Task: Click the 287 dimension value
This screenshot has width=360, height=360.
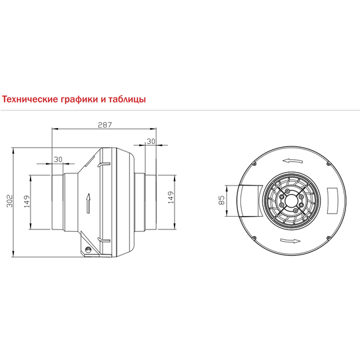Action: pos(105,125)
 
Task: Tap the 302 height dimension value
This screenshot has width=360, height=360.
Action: pos(10,201)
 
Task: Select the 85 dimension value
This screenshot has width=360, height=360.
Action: pos(221,200)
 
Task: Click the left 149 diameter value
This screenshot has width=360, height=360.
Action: pos(27,201)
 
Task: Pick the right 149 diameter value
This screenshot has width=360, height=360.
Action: pos(171,197)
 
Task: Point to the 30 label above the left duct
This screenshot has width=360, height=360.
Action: pos(58,159)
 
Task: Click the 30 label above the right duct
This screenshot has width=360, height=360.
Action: pos(151,142)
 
